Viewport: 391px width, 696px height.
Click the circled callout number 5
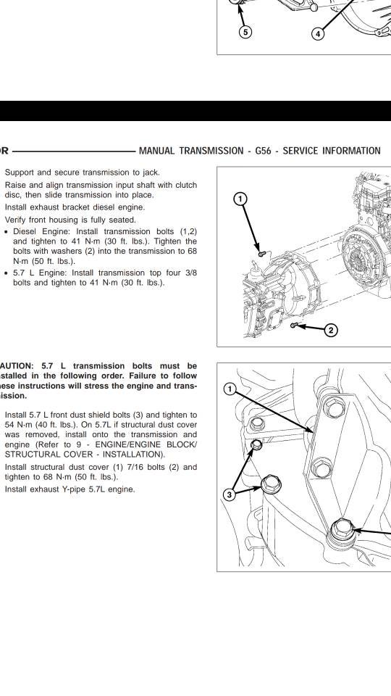245,32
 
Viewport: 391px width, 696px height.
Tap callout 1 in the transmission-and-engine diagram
240,199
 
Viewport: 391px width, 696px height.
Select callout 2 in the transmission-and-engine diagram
331,331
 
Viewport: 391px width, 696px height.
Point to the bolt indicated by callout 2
293,326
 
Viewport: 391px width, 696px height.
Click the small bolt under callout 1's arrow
262,254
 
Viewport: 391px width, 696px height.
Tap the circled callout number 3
229,495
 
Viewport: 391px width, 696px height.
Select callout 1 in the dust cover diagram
230,389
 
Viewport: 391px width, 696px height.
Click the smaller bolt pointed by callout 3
256,444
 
